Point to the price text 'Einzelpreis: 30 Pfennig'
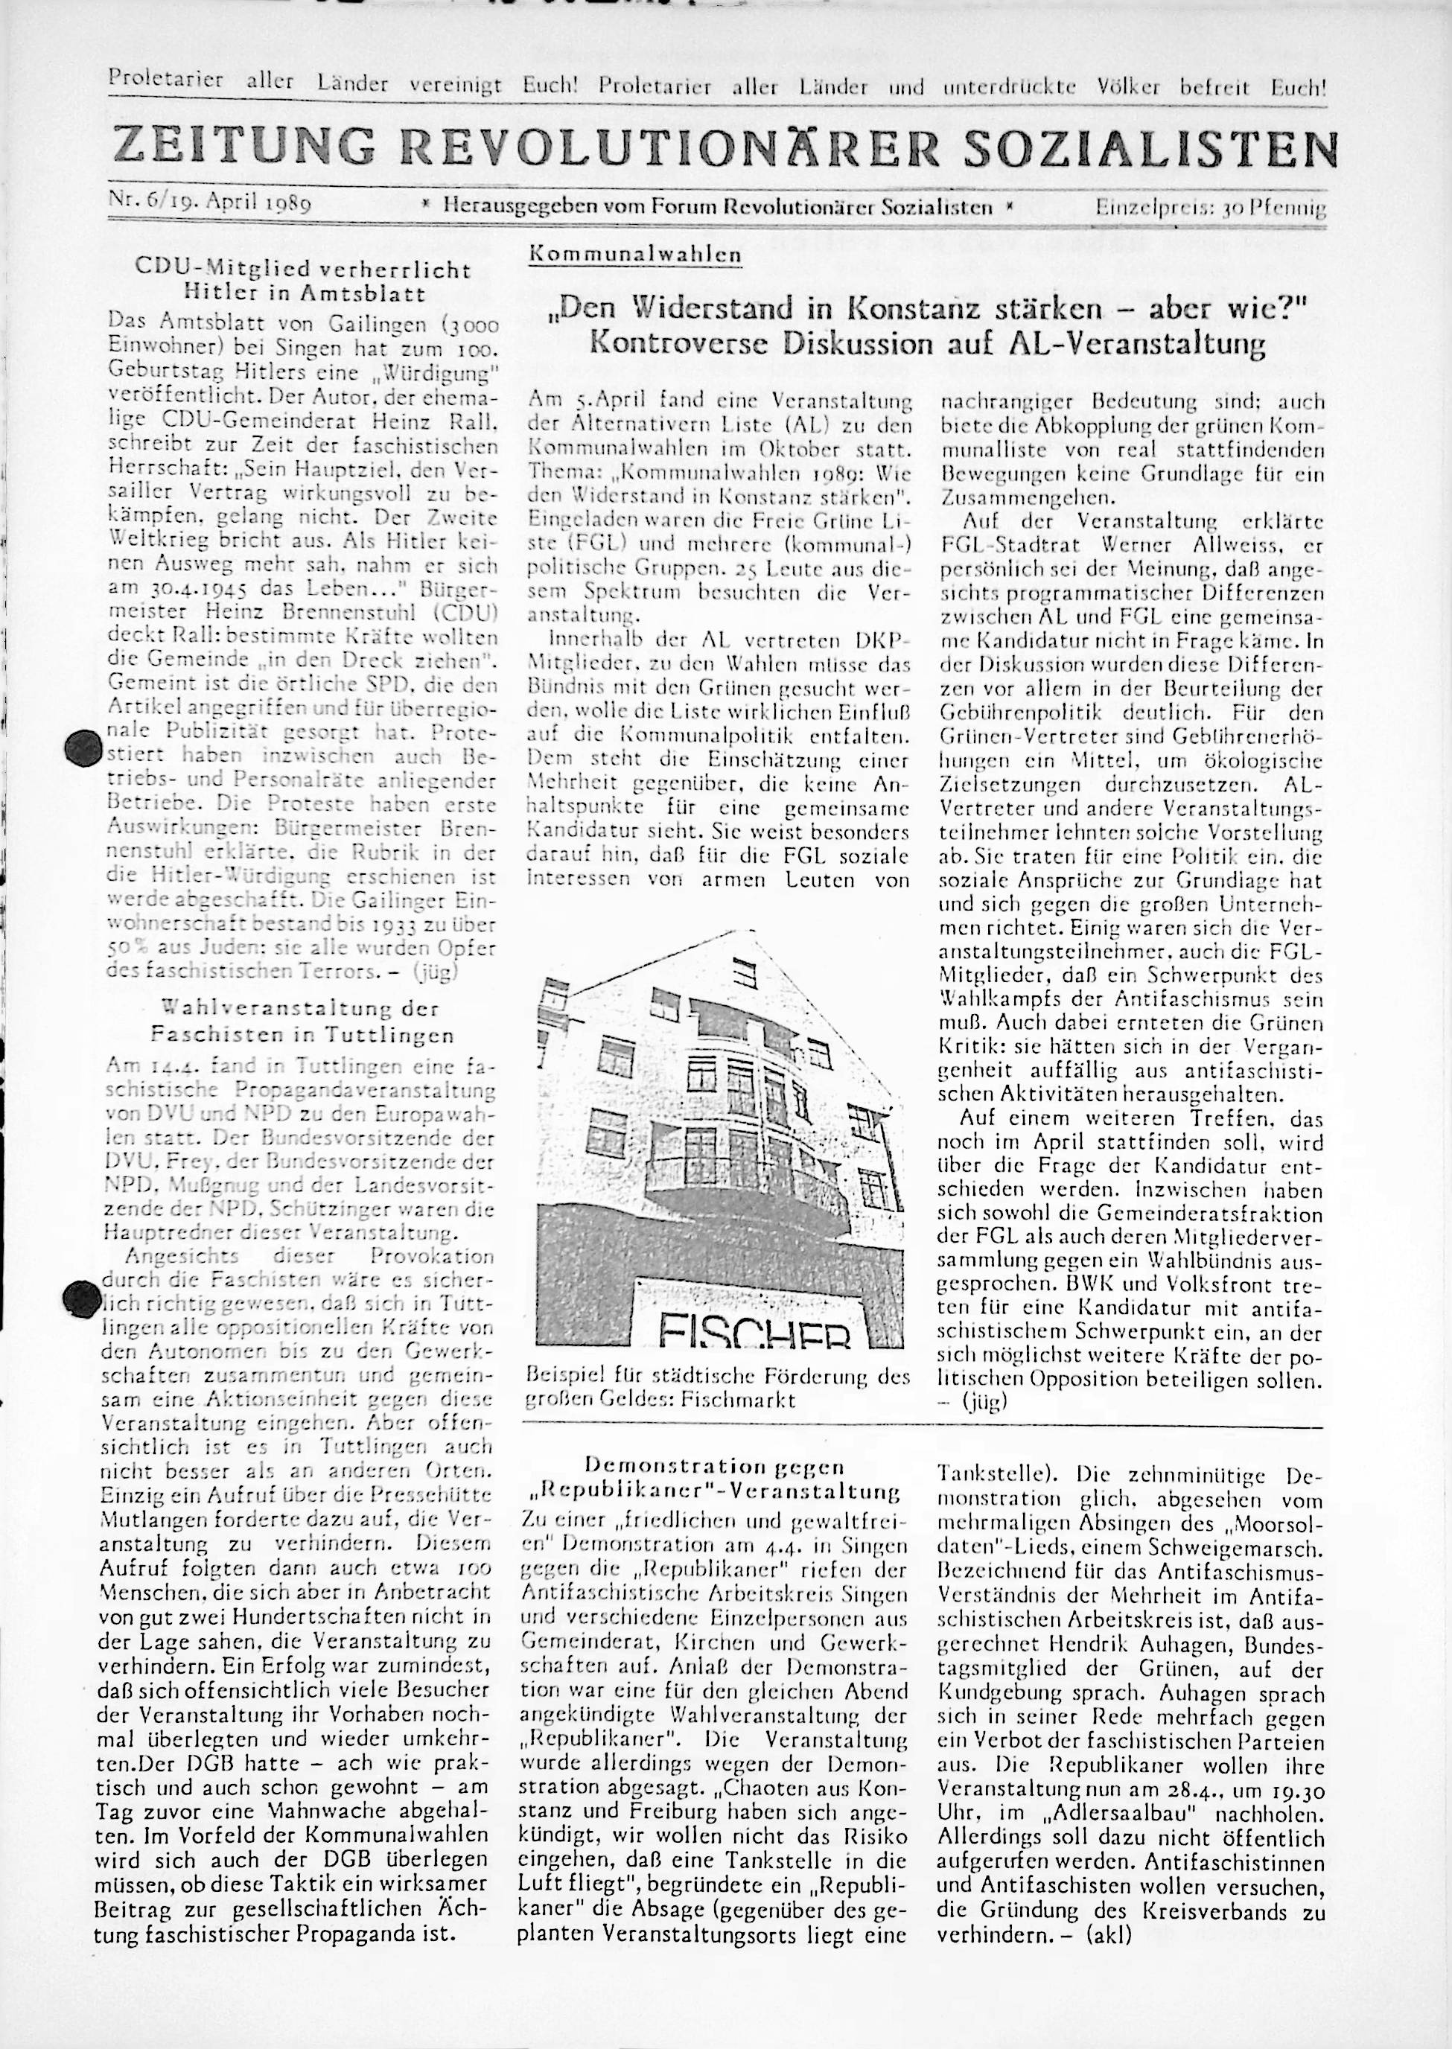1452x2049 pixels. (1211, 209)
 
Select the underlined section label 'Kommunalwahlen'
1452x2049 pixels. (636, 253)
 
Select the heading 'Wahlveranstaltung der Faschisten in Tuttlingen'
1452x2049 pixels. (302, 1021)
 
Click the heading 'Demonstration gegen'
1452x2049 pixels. (713, 1466)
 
